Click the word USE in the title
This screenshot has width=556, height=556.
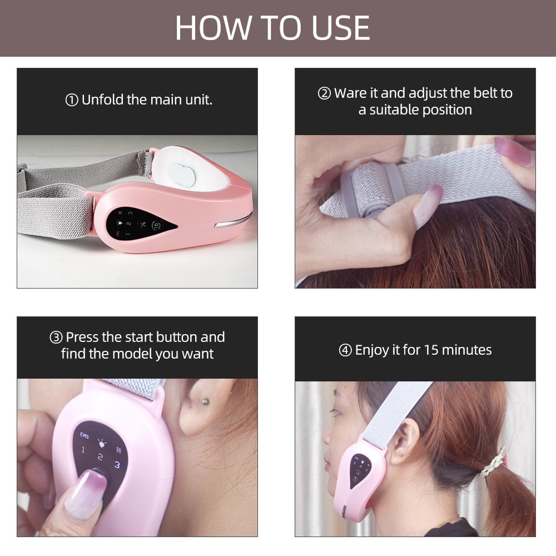coord(340,28)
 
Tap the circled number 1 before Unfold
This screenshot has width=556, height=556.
coord(72,100)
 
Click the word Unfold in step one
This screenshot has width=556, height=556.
coord(103,100)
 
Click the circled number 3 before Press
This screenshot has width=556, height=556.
coord(56,337)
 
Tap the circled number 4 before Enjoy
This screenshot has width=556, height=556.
coord(345,350)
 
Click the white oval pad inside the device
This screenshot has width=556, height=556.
coord(182,174)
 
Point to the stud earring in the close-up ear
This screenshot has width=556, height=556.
coord(205,402)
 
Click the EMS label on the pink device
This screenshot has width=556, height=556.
coord(85,435)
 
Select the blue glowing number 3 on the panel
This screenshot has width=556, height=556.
coord(117,464)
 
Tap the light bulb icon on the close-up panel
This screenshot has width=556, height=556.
coord(102,443)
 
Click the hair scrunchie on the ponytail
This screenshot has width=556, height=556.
coord(494,463)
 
